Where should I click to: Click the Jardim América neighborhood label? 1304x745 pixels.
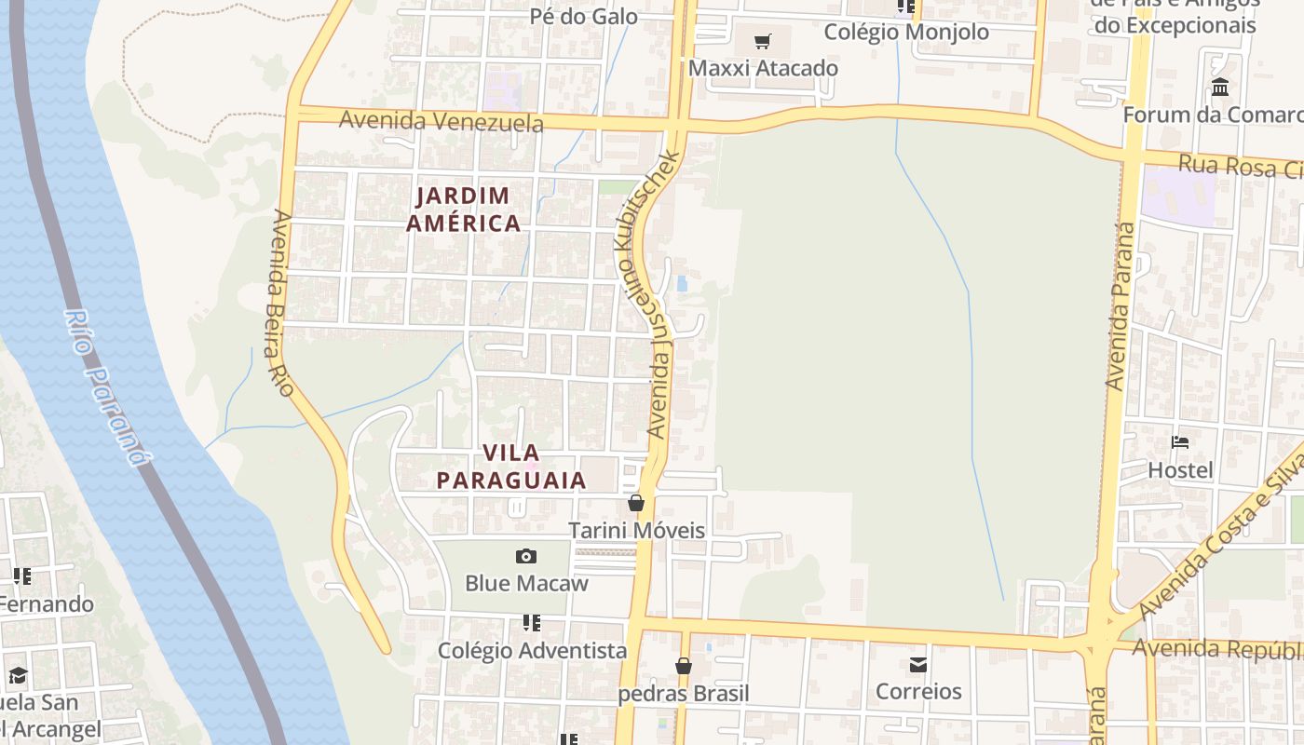click(x=463, y=210)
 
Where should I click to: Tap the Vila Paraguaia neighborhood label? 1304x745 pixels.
click(x=511, y=467)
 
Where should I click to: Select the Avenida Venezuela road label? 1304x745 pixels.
click(x=441, y=121)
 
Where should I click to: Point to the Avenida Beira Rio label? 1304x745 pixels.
click(x=282, y=302)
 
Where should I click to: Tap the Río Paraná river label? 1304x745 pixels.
click(x=106, y=386)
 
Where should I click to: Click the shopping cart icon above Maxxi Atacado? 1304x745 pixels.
click(x=763, y=41)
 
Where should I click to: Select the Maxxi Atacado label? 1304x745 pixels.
click(x=763, y=68)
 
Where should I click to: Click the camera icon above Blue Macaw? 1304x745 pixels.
click(x=526, y=556)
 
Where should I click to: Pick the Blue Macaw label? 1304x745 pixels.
click(x=526, y=583)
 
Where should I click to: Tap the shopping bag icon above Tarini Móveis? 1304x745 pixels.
click(x=636, y=503)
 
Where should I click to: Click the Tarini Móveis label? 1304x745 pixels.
click(x=637, y=530)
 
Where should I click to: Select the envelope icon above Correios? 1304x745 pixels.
click(x=918, y=665)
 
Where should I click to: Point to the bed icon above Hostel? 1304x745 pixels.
click(x=1180, y=442)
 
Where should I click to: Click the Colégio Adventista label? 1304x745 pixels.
click(x=532, y=650)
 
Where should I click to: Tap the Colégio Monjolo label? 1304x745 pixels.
click(x=906, y=32)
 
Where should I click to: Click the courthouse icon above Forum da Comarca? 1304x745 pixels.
click(x=1220, y=88)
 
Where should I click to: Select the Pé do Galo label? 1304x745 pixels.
click(x=584, y=16)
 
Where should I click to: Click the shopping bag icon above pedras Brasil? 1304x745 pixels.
click(x=684, y=666)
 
